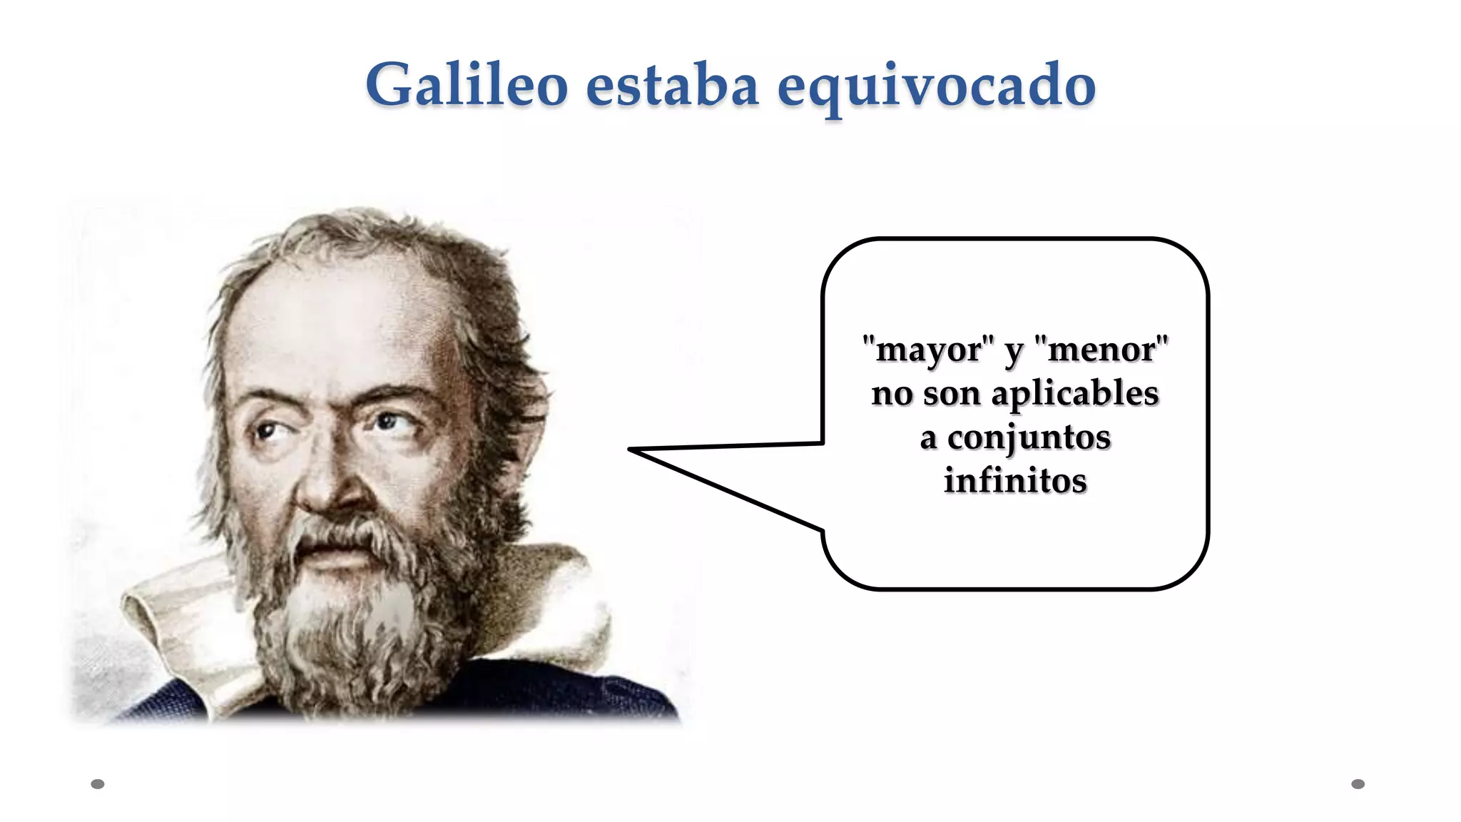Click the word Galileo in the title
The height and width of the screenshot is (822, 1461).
[467, 86]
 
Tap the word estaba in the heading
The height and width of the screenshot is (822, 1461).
[672, 86]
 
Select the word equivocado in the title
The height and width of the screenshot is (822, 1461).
[936, 87]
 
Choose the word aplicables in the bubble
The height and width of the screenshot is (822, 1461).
[1075, 393]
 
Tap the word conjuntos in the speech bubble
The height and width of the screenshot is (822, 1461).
[1029, 437]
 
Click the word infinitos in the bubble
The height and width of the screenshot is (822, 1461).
[1015, 480]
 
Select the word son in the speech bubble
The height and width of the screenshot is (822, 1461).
[951, 394]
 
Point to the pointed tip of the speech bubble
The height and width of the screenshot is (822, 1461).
[631, 450]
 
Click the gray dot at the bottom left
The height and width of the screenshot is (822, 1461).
[98, 784]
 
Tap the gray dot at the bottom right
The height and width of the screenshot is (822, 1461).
[1358, 784]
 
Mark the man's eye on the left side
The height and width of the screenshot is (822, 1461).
[266, 431]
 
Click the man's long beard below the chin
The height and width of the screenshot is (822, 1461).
[350, 628]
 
